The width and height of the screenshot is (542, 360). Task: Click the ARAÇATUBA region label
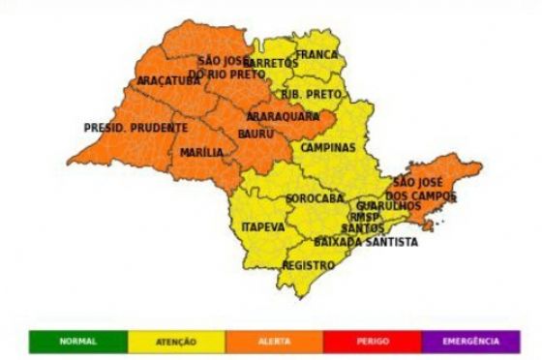(x=168, y=80)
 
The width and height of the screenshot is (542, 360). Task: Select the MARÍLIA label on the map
(x=201, y=152)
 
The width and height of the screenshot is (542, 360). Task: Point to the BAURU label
(x=255, y=132)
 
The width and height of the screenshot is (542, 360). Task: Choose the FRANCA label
(x=316, y=55)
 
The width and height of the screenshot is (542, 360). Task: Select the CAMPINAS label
(x=327, y=148)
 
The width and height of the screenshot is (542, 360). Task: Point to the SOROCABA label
(x=315, y=198)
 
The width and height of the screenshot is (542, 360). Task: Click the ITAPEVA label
(x=262, y=226)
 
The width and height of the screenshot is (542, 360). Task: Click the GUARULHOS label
(x=388, y=206)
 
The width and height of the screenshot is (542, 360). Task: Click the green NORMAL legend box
(x=77, y=341)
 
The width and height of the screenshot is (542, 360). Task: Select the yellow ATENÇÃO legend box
(x=176, y=341)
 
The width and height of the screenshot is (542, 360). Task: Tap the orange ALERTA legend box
(x=274, y=341)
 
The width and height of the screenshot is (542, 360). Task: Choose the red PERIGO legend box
(x=372, y=341)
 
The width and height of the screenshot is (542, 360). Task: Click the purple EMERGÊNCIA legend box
(x=471, y=341)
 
